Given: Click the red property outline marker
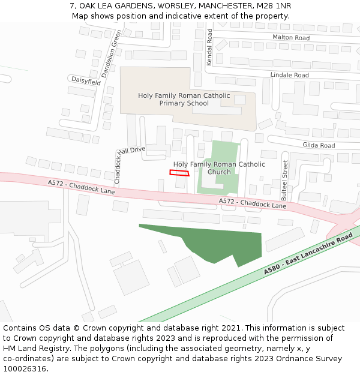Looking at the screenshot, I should pos(179,173).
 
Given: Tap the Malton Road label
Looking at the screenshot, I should pos(291,38).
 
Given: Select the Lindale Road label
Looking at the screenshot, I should pos(289,75).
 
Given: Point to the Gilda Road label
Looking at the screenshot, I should pos(319,145).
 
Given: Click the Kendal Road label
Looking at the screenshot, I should pos(209,48).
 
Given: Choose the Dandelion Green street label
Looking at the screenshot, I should pos(111,53).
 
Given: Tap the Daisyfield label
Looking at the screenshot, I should pos(86,80).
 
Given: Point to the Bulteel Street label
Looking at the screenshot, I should pos(284,180).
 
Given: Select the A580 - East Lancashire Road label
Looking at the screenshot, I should pos(308,256).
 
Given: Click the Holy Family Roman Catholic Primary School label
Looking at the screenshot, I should pos(184,99).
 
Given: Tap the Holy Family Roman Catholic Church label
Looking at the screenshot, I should pos(219,168).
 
